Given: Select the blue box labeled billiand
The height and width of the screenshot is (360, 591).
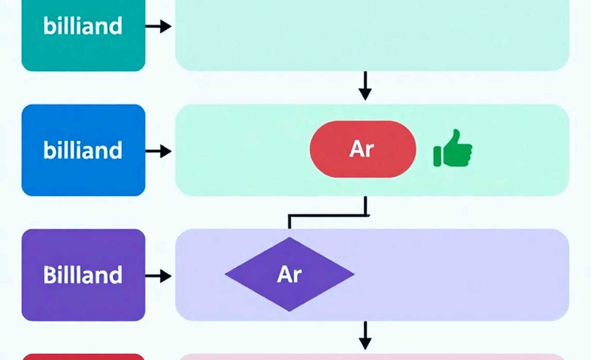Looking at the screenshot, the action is tap(83, 150).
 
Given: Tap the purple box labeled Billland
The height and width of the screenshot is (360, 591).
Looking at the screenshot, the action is tap(83, 275).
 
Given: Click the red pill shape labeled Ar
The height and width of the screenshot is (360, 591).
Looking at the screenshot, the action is tap(363, 149).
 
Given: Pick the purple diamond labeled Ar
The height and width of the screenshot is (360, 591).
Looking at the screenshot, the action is tap(290, 274).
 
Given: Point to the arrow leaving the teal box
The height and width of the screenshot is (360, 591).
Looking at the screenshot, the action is tap(158, 26).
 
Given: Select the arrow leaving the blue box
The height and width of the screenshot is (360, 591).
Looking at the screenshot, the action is tap(158, 151).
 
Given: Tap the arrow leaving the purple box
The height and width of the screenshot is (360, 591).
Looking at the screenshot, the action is tap(158, 276).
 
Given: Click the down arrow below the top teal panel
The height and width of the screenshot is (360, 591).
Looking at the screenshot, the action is tap(365, 86).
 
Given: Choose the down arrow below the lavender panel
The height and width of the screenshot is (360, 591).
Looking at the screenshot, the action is tap(365, 336).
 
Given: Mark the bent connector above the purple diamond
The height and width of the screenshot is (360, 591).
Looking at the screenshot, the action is tap(327, 215).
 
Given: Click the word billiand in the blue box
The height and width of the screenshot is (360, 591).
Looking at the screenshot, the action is tap(83, 150).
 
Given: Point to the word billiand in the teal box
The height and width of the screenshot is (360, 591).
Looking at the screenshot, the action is tap(83, 26).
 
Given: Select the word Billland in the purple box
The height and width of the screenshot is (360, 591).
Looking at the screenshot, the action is tap(83, 275).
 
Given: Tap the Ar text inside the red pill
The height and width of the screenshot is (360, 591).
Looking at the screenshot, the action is tap(362, 149).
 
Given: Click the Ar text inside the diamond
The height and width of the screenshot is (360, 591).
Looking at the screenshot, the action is tap(290, 274).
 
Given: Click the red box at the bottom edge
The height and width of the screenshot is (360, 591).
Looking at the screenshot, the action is tap(83, 357).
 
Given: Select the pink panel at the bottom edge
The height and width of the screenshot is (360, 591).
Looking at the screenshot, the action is tap(372, 357).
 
